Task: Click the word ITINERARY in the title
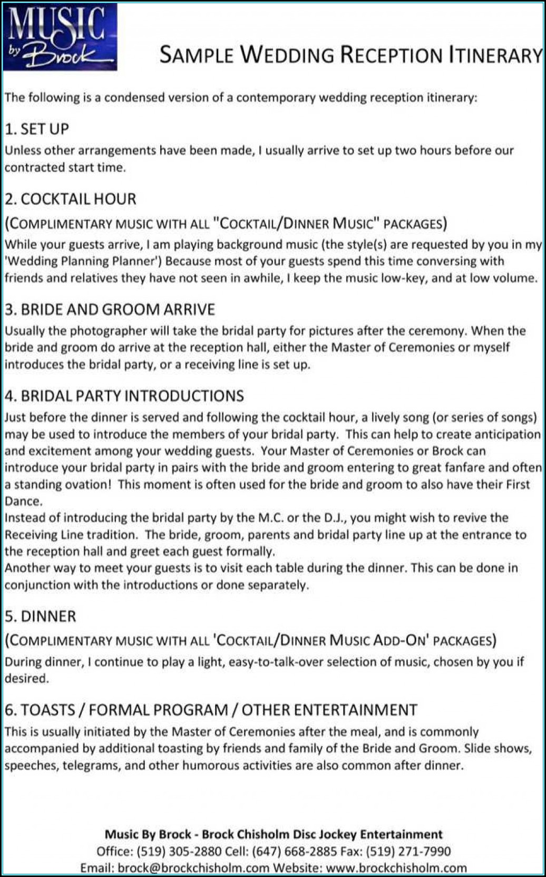pos(495,55)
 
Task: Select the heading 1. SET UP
pos(37,129)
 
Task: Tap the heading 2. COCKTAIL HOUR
pos(71,199)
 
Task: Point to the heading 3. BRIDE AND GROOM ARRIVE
pos(110,310)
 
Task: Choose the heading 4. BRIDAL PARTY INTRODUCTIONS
pos(124,396)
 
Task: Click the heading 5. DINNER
pos(41,616)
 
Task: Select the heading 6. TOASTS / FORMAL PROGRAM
pos(211,710)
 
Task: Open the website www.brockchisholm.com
pos(396,868)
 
